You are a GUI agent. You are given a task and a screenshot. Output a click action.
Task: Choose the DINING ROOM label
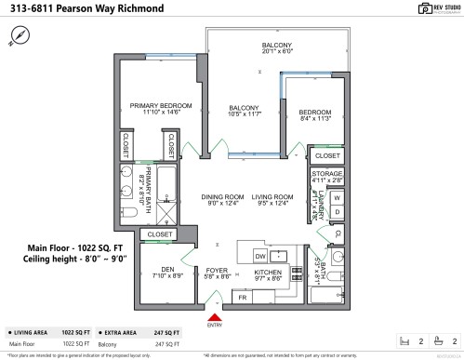pos(223,197)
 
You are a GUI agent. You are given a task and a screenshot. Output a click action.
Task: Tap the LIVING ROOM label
pos(272,197)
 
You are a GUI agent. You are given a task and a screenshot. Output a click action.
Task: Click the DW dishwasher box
pos(261,254)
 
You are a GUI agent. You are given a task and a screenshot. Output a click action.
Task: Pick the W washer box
pos(337,198)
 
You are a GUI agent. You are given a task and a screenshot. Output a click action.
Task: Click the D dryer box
pos(337,213)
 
